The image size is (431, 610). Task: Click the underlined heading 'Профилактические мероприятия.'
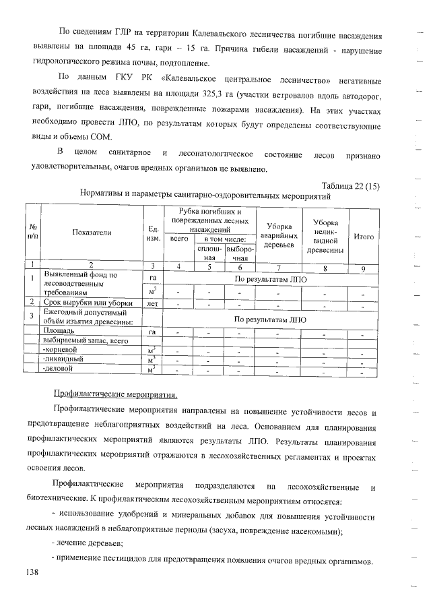tap(114, 394)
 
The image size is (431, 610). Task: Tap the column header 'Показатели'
tap(92, 233)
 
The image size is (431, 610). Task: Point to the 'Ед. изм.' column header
tap(153, 233)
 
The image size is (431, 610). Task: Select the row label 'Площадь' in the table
tap(59, 332)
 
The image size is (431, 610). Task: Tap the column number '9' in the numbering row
tap(364, 268)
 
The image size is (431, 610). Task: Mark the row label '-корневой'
tap(60, 350)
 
